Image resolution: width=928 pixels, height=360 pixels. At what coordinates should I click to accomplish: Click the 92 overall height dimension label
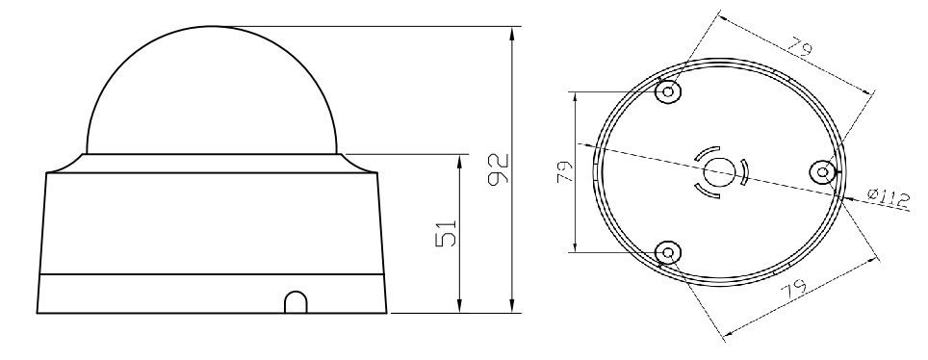coord(499,169)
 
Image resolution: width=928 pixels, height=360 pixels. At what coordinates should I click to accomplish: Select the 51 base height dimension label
coord(447,233)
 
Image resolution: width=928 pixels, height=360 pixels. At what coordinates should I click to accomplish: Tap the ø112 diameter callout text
coord(889,198)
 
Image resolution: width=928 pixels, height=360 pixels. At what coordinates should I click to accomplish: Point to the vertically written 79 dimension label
coord(565,171)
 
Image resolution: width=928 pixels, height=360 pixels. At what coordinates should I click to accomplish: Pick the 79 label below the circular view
coord(793,292)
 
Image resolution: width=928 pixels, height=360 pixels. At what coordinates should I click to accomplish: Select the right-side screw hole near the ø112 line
coord(822,172)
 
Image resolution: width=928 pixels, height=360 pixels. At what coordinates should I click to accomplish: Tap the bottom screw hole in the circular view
coord(668,253)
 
